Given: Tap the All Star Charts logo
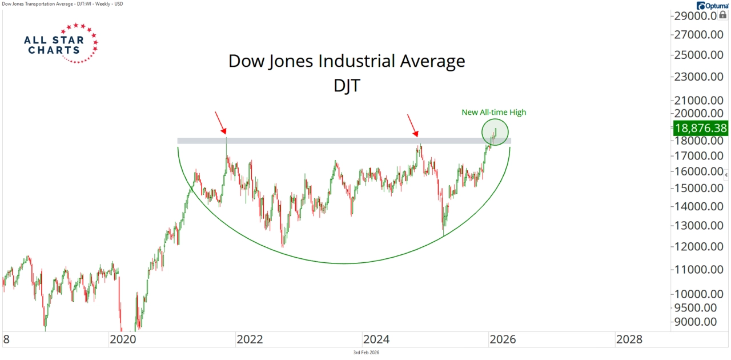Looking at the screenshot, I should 61,43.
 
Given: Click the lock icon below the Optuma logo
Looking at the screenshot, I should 722,15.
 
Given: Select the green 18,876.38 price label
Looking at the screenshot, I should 700,128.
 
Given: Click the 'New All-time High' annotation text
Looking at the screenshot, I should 494,113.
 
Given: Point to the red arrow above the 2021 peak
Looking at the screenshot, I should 220,122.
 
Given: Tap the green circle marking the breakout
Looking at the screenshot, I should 495,131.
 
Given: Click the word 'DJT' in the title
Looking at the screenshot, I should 347,86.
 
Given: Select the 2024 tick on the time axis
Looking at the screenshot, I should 377,339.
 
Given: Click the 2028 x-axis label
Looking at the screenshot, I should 629,339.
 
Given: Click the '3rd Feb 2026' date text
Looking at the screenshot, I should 366,353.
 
